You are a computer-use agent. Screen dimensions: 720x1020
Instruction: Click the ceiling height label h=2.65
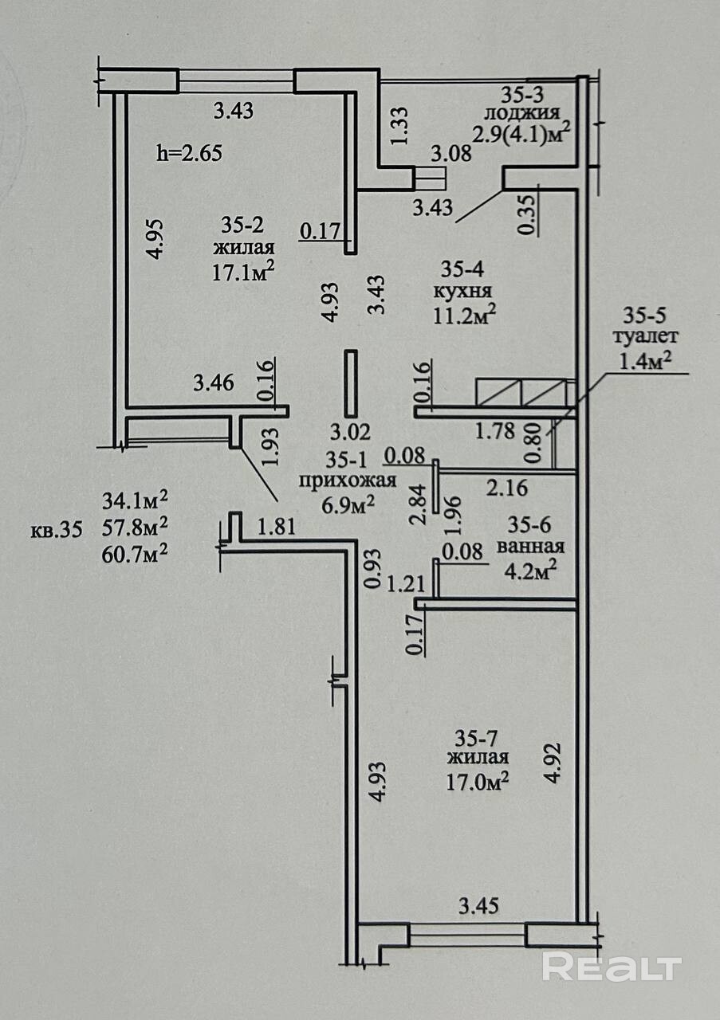tap(189, 154)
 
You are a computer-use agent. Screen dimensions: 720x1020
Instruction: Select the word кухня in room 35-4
tap(462, 292)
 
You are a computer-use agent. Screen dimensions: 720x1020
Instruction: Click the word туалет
tap(645, 337)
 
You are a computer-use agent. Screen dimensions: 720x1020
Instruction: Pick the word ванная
tap(530, 546)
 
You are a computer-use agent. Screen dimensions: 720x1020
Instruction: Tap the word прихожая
tap(348, 481)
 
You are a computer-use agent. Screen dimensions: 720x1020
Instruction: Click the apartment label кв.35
tap(57, 530)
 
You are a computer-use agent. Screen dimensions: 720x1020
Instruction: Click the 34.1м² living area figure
tap(135, 501)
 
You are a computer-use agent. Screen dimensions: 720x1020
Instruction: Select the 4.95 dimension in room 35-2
tap(155, 238)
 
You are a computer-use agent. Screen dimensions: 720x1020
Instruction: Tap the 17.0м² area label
tap(478, 783)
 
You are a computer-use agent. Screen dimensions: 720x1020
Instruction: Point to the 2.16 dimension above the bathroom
tap(507, 488)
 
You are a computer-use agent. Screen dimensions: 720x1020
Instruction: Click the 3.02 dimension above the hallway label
tap(350, 432)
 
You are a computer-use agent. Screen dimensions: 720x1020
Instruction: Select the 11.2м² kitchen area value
tap(464, 315)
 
